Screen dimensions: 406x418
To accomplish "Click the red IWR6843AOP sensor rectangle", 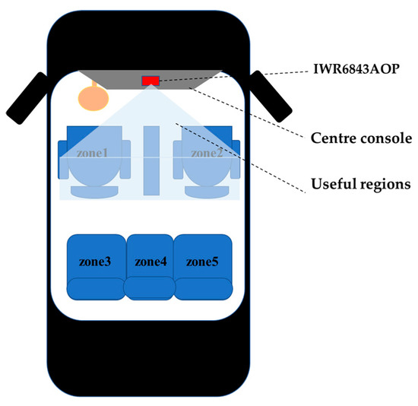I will coord(150,81).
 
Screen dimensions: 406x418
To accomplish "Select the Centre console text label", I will coord(361,139).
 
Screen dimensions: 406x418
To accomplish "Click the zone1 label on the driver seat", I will coord(92,152).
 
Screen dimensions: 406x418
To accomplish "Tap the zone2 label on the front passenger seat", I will coord(206,152).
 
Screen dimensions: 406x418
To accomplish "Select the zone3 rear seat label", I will coord(95,262).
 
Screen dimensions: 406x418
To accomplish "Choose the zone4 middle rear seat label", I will coord(150,262).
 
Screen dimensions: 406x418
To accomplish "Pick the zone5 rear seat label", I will coord(202,262).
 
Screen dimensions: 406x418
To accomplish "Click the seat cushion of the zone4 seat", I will coord(150,289).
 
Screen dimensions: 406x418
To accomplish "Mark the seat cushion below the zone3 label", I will coord(95,289).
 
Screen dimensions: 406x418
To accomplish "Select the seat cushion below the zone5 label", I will coord(203,289).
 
